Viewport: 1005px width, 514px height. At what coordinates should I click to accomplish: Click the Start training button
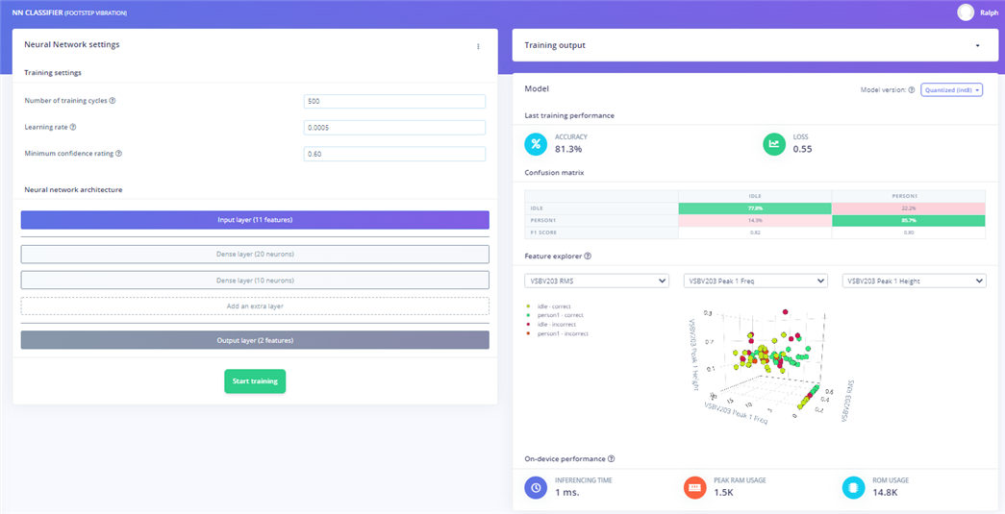(255, 381)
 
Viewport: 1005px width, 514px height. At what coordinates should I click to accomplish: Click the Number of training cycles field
(393, 101)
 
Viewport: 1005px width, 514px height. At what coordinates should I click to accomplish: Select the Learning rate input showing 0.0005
(393, 127)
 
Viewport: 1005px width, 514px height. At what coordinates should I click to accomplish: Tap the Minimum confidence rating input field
(393, 154)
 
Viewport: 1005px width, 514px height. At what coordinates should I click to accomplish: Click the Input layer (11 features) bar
(255, 220)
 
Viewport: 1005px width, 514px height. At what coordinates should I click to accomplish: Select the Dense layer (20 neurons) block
(255, 254)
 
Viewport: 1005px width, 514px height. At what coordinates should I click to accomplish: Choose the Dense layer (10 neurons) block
(255, 280)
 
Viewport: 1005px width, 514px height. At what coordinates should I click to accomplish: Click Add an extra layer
(255, 306)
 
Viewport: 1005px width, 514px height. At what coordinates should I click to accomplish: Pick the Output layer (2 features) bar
(255, 340)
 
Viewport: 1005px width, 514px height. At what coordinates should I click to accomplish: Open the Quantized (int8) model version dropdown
(951, 89)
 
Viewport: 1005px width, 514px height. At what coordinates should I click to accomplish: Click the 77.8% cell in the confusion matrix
(755, 208)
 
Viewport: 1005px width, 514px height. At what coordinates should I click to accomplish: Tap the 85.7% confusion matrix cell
(907, 221)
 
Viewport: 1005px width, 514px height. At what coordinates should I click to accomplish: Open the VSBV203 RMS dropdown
(596, 281)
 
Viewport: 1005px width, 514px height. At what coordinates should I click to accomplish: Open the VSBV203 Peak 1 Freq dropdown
(755, 281)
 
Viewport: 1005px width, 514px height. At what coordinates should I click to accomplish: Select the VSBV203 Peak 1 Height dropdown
(914, 281)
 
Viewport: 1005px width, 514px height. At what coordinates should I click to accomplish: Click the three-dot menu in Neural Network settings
(478, 46)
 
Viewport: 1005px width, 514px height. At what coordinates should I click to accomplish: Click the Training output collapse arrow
(978, 46)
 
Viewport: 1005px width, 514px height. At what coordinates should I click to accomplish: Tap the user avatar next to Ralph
(966, 12)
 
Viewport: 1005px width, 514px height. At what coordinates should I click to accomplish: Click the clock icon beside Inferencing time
(536, 487)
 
